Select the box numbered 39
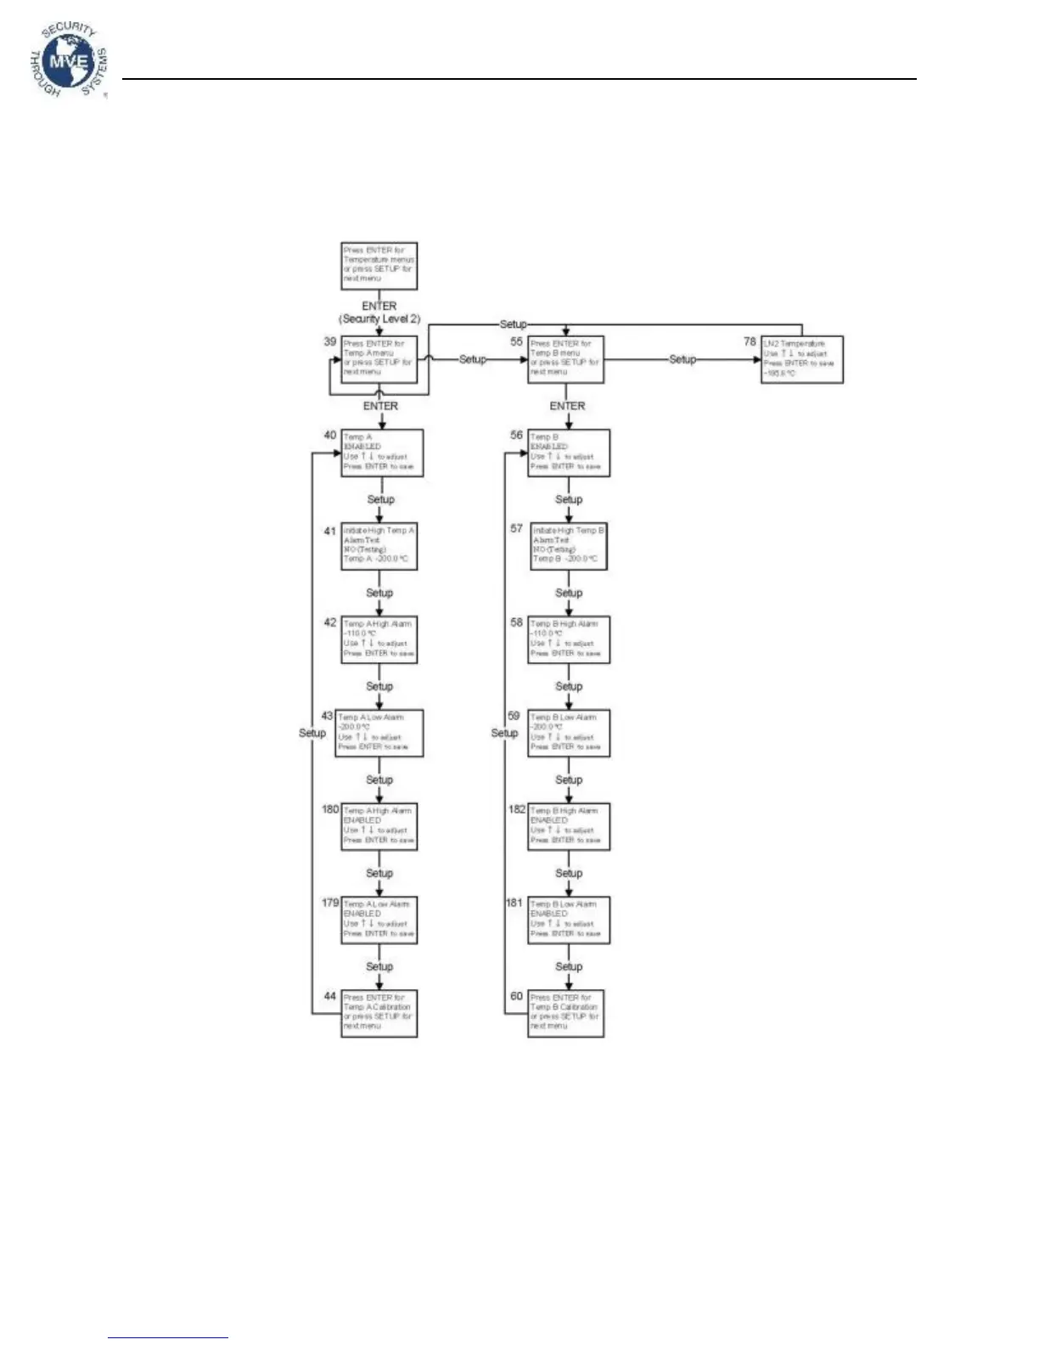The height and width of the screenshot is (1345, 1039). pos(379,359)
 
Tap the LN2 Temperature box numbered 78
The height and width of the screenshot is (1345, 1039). pos(802,359)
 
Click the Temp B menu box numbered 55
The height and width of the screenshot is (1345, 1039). pos(565,359)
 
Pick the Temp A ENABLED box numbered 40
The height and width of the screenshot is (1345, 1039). pos(382,453)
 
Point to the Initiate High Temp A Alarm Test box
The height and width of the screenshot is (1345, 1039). pos(379,545)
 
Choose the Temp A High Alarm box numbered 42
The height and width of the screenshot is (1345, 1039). pos(379,639)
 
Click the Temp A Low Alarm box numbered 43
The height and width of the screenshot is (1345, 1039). pos(379,733)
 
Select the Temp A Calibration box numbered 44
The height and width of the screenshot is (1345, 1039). pos(379,1013)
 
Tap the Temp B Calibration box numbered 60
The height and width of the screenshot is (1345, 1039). pos(566,1013)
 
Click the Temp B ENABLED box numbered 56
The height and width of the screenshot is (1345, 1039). pos(569,453)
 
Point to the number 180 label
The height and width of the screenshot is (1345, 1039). pos(330,809)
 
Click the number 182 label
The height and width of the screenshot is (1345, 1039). pos(517,809)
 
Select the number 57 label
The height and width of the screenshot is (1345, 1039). pos(517,528)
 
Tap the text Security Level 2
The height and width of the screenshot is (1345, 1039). pos(380,319)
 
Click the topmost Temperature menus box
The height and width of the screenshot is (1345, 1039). pos(379,266)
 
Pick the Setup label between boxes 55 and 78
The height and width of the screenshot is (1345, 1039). pos(682,359)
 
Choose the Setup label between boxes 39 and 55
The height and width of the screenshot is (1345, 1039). pos(473,359)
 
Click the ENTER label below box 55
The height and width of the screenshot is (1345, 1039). pos(567,406)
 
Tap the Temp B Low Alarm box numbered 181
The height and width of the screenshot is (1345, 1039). pos(569,920)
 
